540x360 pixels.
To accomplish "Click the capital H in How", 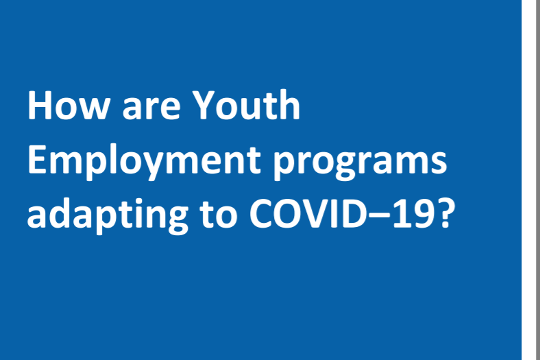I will (40, 106).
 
